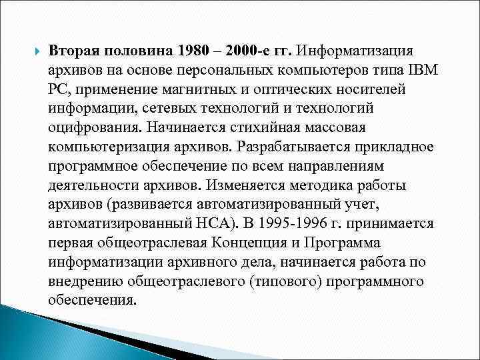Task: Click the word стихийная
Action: pyautogui.click(x=269, y=127)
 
